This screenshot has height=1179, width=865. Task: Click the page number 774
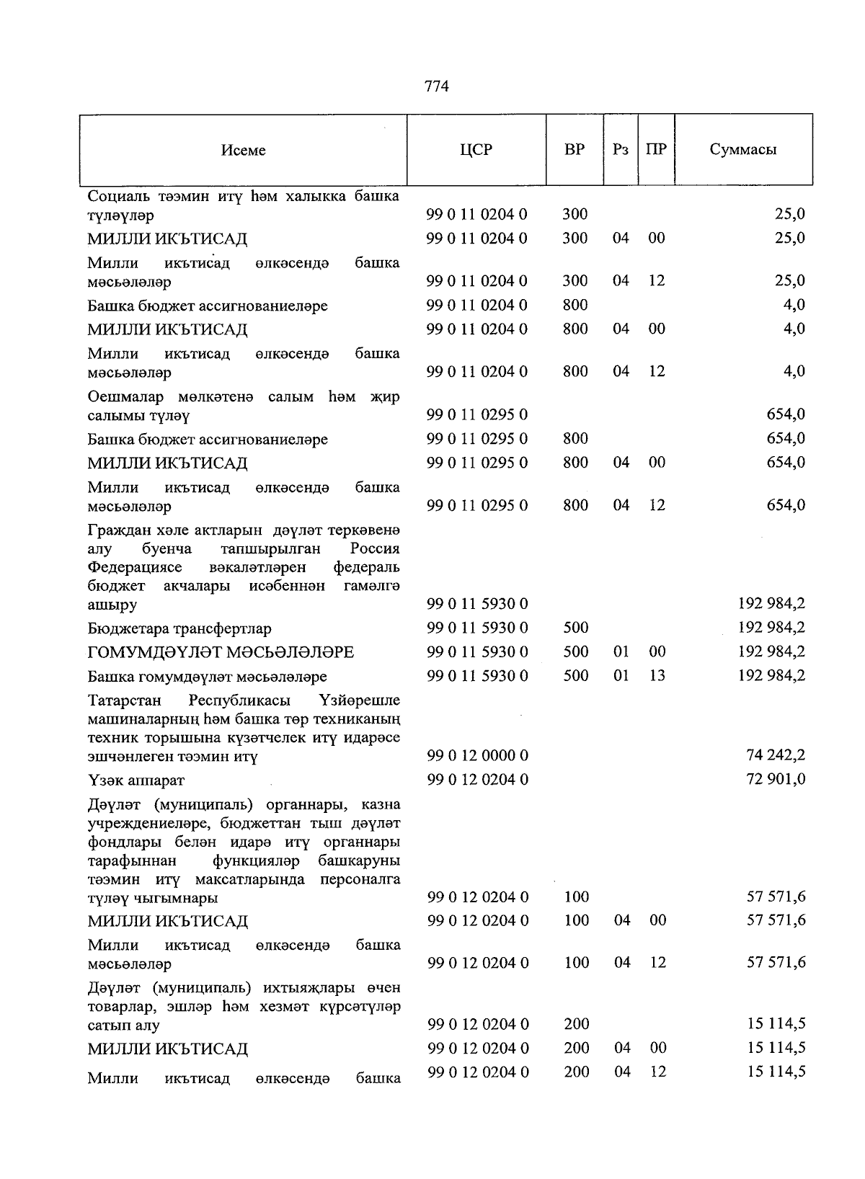click(437, 86)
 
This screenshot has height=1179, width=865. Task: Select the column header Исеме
click(244, 150)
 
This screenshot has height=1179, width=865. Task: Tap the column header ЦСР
click(476, 150)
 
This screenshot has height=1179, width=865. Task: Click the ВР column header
click(575, 150)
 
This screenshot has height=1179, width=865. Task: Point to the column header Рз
click(621, 150)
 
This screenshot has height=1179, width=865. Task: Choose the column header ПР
click(656, 150)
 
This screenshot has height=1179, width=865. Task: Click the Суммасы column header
click(743, 150)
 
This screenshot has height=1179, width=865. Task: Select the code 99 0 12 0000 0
click(477, 755)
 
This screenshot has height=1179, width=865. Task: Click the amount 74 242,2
click(776, 755)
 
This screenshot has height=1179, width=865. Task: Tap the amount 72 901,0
click(776, 779)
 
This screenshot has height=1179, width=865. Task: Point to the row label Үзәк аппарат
click(136, 780)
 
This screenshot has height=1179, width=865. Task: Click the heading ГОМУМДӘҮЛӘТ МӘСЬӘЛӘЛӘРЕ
click(221, 653)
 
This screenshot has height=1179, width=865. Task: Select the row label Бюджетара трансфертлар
click(179, 628)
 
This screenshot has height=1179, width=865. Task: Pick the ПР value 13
click(656, 676)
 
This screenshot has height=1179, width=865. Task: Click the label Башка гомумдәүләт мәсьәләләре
click(207, 677)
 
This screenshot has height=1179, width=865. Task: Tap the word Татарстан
click(124, 700)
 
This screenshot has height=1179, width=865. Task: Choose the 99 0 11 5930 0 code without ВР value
click(477, 603)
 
